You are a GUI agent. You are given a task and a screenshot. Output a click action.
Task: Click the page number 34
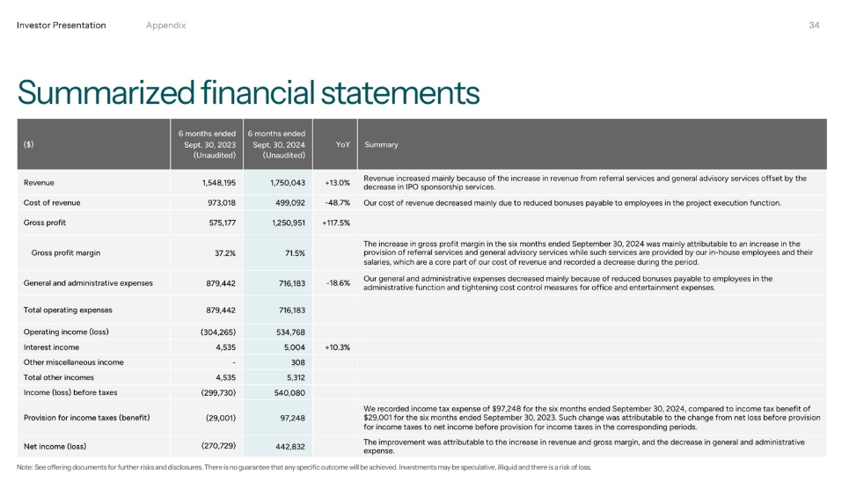(814, 25)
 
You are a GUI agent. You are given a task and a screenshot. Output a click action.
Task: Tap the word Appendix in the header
(166, 25)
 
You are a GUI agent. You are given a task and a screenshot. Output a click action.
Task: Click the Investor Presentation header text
(62, 25)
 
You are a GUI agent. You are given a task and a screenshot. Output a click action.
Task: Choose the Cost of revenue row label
(52, 202)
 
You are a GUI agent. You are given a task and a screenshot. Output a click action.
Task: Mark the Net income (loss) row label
(55, 445)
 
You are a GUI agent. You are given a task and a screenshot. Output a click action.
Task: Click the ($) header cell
(29, 144)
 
